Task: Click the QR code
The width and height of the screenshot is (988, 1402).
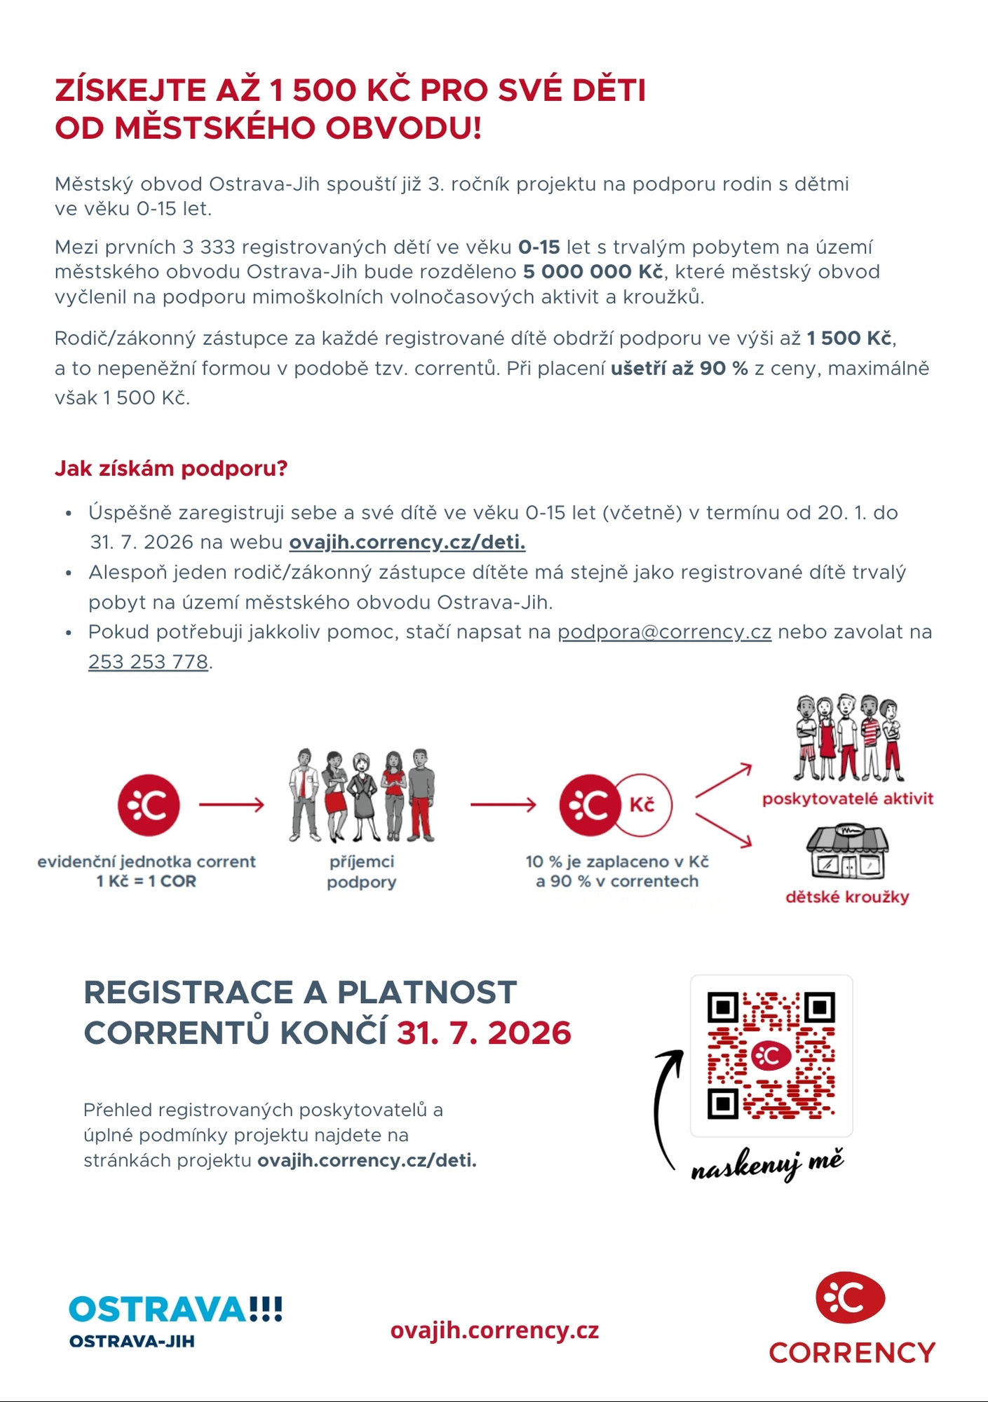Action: (x=771, y=1055)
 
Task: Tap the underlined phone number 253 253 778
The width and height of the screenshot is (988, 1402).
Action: (x=148, y=662)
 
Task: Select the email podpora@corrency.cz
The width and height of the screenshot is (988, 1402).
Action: (x=664, y=632)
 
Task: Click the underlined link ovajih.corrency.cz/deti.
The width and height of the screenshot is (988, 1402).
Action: (x=407, y=543)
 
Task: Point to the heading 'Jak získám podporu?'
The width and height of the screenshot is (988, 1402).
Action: (x=171, y=468)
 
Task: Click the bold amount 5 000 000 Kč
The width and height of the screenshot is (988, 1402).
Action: (x=593, y=272)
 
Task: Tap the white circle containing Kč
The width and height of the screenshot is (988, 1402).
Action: (x=644, y=805)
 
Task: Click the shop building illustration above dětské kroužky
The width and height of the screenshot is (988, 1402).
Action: (x=847, y=852)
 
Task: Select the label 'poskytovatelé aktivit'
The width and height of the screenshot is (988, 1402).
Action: (x=847, y=798)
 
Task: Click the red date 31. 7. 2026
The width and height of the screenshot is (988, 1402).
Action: (x=484, y=1033)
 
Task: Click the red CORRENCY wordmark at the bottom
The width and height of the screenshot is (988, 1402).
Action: (x=852, y=1352)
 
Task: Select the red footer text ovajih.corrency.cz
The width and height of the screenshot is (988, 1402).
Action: (x=494, y=1330)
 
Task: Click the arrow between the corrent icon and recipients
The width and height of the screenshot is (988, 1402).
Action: (x=231, y=805)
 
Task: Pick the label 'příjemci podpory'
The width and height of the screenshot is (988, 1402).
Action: (x=362, y=871)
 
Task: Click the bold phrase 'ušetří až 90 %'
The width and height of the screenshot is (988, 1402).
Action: (x=679, y=368)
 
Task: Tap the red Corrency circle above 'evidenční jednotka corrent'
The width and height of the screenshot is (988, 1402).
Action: (x=149, y=805)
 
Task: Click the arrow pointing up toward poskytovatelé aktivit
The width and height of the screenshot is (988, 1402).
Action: (x=724, y=781)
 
